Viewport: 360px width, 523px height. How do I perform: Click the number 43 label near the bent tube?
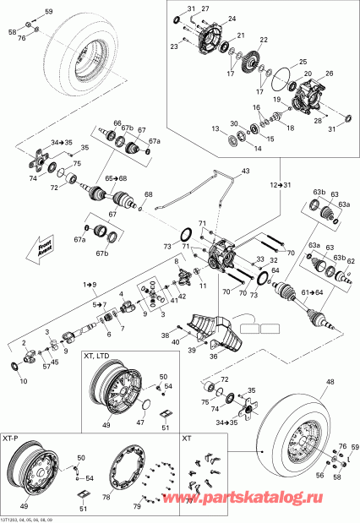pos(245,172)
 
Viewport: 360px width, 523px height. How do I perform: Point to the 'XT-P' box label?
pos(12,439)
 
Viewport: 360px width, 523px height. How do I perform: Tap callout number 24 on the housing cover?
pos(232,18)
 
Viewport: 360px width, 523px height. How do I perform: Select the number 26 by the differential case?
pos(329,74)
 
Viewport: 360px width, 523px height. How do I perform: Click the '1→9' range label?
pos(89,287)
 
